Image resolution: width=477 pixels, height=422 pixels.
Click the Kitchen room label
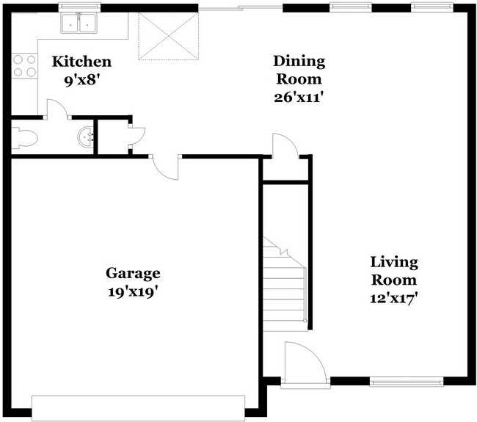click(x=81, y=62)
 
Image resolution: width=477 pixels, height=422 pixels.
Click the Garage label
click(x=133, y=274)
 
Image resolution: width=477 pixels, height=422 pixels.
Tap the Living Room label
click(x=393, y=270)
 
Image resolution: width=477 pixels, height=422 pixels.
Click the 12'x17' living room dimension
click(x=393, y=298)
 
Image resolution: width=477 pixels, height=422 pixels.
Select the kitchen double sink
click(x=79, y=23)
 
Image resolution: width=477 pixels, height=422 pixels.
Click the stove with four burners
click(x=25, y=66)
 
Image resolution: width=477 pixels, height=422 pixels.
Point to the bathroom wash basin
click(x=86, y=137)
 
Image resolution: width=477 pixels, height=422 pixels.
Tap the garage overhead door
click(x=138, y=407)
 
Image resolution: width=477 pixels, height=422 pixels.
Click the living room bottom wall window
click(x=406, y=381)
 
